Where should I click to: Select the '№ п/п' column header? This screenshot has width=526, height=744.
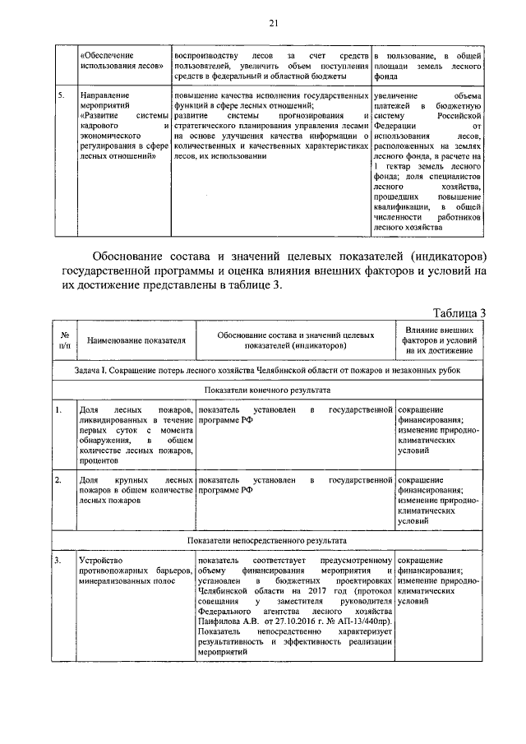tap(64, 339)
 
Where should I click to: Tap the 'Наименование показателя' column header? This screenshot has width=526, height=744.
tap(136, 339)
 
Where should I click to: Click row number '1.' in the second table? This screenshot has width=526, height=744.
tap(59, 409)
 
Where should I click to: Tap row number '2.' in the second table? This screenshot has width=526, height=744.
tap(59, 478)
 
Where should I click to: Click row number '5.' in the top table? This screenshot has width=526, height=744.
tap(59, 96)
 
